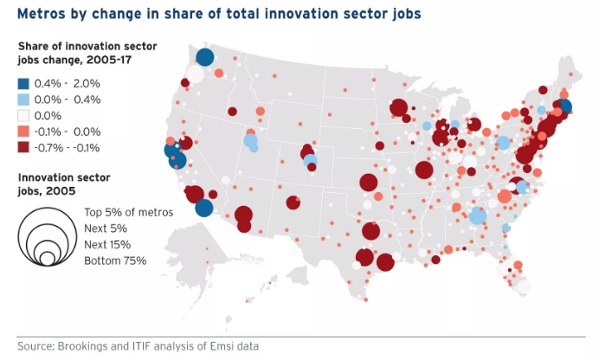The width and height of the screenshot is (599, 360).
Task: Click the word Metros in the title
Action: coord(42,14)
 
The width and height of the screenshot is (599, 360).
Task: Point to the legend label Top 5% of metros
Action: coord(128,212)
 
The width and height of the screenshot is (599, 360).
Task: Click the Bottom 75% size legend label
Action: coord(115,260)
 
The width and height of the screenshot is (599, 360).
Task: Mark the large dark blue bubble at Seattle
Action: coord(204,57)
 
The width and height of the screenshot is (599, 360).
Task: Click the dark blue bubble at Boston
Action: coord(564,107)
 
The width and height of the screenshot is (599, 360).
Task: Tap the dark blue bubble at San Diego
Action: coord(204,208)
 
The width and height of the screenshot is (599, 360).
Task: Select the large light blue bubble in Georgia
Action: coord(477,215)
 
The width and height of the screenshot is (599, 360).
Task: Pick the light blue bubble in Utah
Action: coord(250,141)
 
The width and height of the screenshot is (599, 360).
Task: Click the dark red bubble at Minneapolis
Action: coord(399,108)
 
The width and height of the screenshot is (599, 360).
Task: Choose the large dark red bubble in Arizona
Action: coord(243,215)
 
